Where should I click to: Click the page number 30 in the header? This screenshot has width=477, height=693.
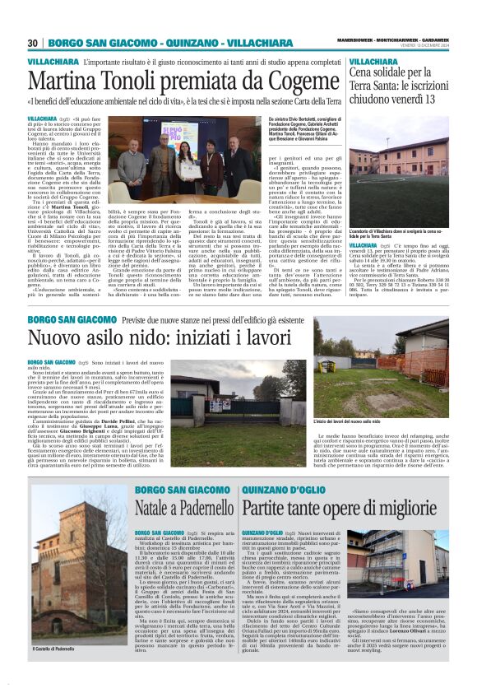(33, 43)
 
